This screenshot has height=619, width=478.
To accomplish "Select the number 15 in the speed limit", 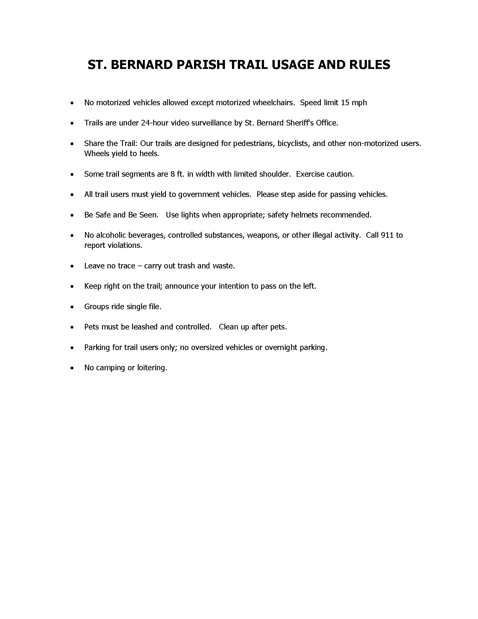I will coord(345,103).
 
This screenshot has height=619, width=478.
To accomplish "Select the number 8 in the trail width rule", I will coord(172,174).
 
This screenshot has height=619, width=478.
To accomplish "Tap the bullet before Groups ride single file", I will coord(73,307).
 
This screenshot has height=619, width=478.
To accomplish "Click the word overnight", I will coord(281,347).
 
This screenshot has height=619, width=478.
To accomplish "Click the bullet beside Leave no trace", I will coord(73,266).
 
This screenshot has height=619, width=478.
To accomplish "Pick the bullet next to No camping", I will coord(73,368).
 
